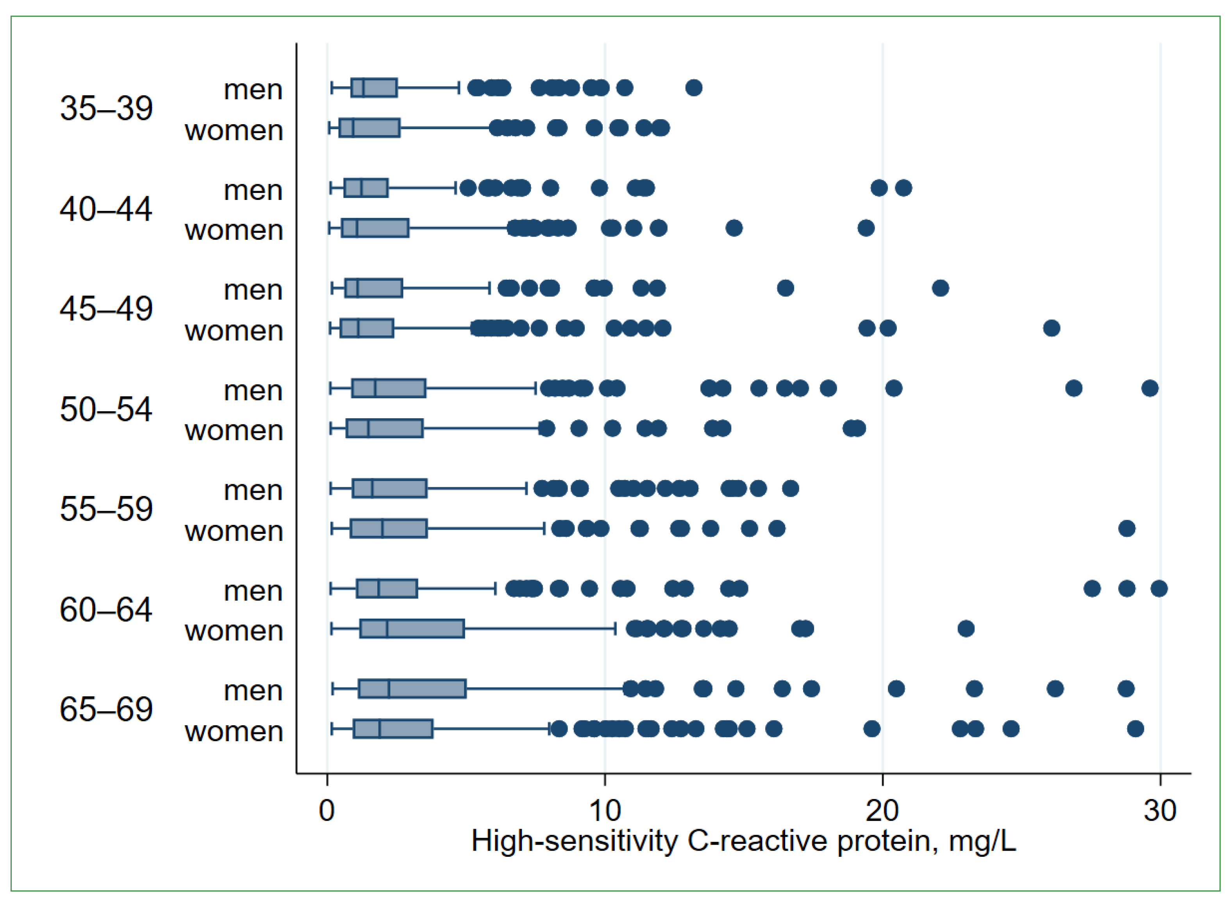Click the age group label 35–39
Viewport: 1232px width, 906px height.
point(106,108)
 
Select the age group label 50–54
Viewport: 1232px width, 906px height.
point(106,409)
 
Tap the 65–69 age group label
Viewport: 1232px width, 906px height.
point(106,709)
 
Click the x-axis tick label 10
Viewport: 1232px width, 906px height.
point(605,811)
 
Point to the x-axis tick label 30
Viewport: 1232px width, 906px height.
point(1160,811)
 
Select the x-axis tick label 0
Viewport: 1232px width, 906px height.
point(327,811)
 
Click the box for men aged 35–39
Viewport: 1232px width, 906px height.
point(374,88)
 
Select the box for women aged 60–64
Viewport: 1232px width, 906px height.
point(412,628)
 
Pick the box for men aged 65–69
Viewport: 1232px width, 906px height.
point(412,689)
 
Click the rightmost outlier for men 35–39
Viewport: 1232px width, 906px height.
point(694,88)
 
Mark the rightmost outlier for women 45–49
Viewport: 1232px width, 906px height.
point(1052,328)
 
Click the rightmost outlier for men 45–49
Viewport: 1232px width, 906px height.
point(940,288)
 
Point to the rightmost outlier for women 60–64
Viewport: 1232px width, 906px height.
point(966,628)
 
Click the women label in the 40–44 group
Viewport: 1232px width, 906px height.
point(234,230)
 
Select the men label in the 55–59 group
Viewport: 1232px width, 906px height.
point(253,490)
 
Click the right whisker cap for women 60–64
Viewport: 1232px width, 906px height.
point(615,628)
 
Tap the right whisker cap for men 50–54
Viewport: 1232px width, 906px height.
point(536,388)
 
